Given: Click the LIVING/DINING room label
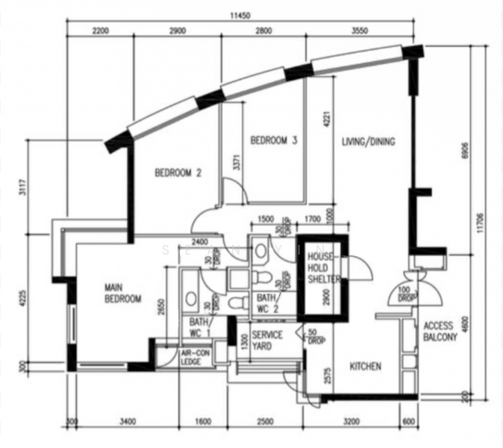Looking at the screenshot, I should (x=368, y=142).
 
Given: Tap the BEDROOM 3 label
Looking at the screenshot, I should (x=274, y=140).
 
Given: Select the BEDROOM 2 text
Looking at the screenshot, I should (x=178, y=173).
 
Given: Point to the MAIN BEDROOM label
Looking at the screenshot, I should (x=123, y=293).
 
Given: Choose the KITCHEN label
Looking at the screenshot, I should (x=366, y=367).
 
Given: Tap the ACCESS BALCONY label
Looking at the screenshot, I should (x=440, y=332).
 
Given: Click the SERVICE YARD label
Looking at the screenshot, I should (x=266, y=340).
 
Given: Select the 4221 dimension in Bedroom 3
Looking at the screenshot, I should (x=326, y=120).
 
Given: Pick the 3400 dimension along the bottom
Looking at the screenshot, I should (x=126, y=424).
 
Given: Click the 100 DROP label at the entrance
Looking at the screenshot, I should (x=407, y=293).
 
